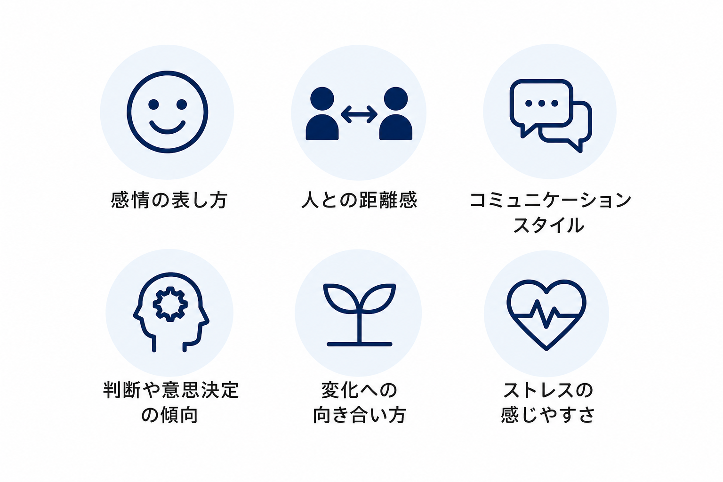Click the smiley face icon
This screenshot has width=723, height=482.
(x=167, y=72)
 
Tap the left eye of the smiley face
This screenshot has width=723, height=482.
(x=153, y=104)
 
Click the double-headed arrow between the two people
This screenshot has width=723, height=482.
(x=359, y=114)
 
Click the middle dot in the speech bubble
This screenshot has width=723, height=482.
(x=542, y=103)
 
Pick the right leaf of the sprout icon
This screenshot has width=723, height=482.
(x=378, y=298)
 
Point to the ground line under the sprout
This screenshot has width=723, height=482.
(x=359, y=344)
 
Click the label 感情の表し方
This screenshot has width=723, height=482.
(x=169, y=200)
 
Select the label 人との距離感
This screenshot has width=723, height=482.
(x=359, y=200)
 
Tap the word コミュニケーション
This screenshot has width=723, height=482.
(x=550, y=200)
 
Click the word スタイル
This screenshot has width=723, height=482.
(x=549, y=225)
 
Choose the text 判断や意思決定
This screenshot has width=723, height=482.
(x=171, y=390)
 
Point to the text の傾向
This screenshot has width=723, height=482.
(x=170, y=415)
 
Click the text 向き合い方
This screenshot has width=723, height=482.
(x=359, y=415)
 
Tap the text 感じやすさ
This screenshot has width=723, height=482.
(x=548, y=415)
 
